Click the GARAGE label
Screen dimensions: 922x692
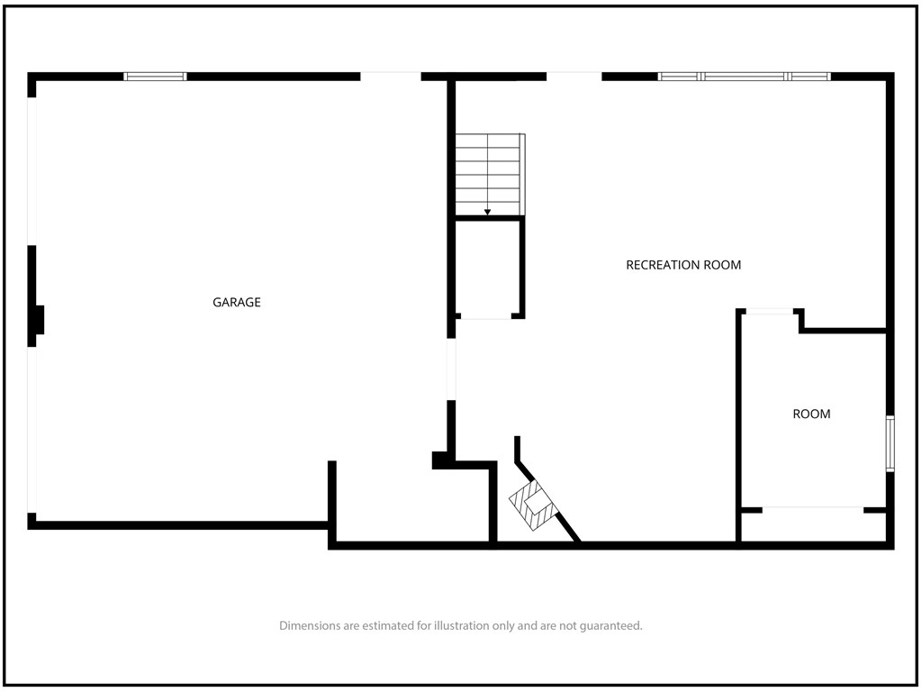click(237, 302)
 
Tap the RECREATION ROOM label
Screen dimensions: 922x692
click(683, 265)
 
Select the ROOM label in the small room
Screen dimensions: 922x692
click(811, 414)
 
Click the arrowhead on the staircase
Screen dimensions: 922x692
click(487, 212)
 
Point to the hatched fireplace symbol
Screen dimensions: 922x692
click(531, 505)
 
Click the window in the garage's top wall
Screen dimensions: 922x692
click(155, 77)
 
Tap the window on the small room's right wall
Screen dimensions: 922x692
click(890, 443)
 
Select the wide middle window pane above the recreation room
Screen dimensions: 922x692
click(744, 77)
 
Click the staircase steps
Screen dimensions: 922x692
click(489, 174)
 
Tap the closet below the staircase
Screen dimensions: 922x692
click(487, 269)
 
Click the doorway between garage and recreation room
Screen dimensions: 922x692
click(451, 369)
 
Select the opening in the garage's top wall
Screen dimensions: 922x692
click(391, 77)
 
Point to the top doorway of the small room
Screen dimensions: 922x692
click(769, 311)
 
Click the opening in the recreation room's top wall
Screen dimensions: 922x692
click(574, 77)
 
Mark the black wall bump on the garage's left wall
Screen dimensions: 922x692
click(36, 320)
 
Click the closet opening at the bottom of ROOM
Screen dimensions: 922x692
click(813, 510)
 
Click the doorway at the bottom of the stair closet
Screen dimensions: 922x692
click(486, 316)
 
